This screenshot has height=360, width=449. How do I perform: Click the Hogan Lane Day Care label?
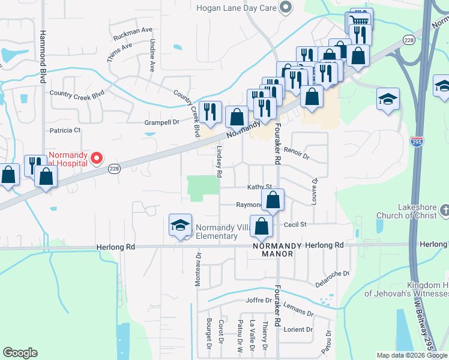[x=238, y=8]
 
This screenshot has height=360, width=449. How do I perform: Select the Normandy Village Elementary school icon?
[x=180, y=226]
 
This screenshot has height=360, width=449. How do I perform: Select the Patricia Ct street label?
[x=65, y=130]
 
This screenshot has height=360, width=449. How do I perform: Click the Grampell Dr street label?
[x=162, y=122]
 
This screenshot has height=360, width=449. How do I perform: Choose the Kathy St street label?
[x=260, y=187]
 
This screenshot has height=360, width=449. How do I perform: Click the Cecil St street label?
[x=295, y=224]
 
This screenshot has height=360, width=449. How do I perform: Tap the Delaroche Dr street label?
[x=332, y=274]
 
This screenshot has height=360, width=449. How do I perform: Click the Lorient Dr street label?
[x=299, y=329]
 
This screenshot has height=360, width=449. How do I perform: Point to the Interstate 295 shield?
[x=416, y=142]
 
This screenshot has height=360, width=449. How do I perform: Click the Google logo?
[x=20, y=353]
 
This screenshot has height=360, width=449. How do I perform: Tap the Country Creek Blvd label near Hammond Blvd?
[x=77, y=94]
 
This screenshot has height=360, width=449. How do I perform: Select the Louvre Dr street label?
[x=315, y=191]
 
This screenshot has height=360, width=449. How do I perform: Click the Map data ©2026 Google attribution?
[x=411, y=355]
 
